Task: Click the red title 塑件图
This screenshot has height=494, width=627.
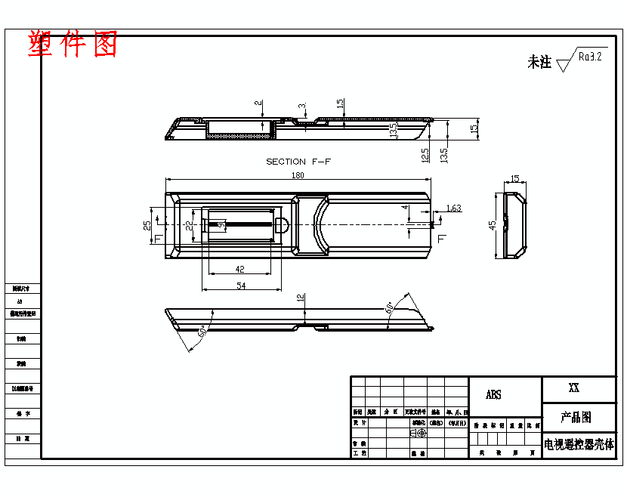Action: [x=73, y=45]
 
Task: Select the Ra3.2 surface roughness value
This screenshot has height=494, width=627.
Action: [x=589, y=56]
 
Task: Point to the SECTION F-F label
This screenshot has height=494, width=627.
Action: [x=298, y=162]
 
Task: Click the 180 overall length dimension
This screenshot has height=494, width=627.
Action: [x=298, y=175]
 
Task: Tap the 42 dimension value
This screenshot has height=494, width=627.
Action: [x=240, y=269]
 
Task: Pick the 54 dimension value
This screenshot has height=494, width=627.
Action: [x=241, y=286]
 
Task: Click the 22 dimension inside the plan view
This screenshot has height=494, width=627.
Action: [x=189, y=225]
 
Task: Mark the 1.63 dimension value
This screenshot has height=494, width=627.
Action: [x=453, y=208]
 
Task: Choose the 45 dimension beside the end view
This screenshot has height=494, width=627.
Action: [x=493, y=225]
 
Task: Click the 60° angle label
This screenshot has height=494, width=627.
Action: [x=390, y=308]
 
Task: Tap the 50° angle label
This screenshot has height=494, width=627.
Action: [x=202, y=332]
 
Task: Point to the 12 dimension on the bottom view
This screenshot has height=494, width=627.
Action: [x=300, y=298]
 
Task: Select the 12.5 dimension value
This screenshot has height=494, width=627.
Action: [x=425, y=155]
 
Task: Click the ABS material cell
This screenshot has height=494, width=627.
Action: [x=493, y=395]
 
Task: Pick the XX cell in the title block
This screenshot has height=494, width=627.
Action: [x=574, y=388]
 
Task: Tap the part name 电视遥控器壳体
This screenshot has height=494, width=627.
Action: [x=579, y=444]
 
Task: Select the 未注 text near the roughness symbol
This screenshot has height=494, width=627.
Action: [x=539, y=63]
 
